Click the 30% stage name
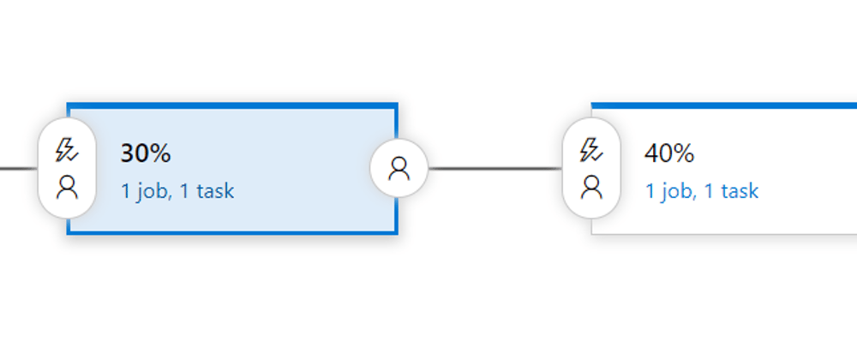coord(146,153)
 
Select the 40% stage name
coord(669,153)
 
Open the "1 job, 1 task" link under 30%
coord(177,191)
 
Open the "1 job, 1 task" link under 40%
coord(702,191)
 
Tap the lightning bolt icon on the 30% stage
coord(67,150)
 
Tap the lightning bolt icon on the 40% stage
coord(591,150)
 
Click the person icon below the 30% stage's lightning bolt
coord(67,188)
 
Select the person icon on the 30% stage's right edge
coord(399,168)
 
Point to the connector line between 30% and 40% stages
coord(495,168)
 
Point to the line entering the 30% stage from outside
coord(19,168)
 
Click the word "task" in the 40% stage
coord(740,191)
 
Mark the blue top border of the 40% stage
coord(724,105)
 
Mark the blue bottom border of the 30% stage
coord(232,233)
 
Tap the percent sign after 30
coord(160,153)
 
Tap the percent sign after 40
coord(684,153)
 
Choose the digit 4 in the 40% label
coord(652,153)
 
